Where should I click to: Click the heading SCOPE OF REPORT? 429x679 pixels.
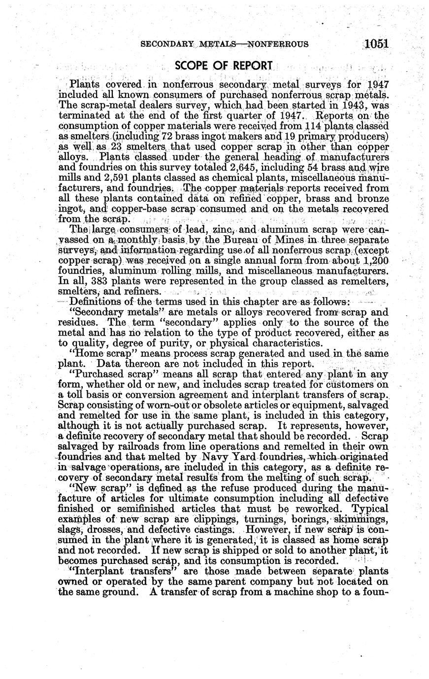click(224, 65)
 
